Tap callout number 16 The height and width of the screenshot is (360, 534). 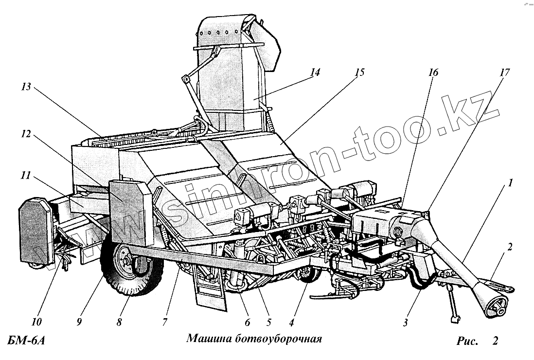pyautogui.click(x=433, y=72)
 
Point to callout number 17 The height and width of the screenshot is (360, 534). pyautogui.click(x=504, y=72)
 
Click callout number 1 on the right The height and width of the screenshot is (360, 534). pyautogui.click(x=510, y=184)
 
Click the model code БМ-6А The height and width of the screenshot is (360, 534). pyautogui.click(x=27, y=339)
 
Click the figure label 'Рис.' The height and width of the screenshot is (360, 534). pyautogui.click(x=468, y=341)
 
